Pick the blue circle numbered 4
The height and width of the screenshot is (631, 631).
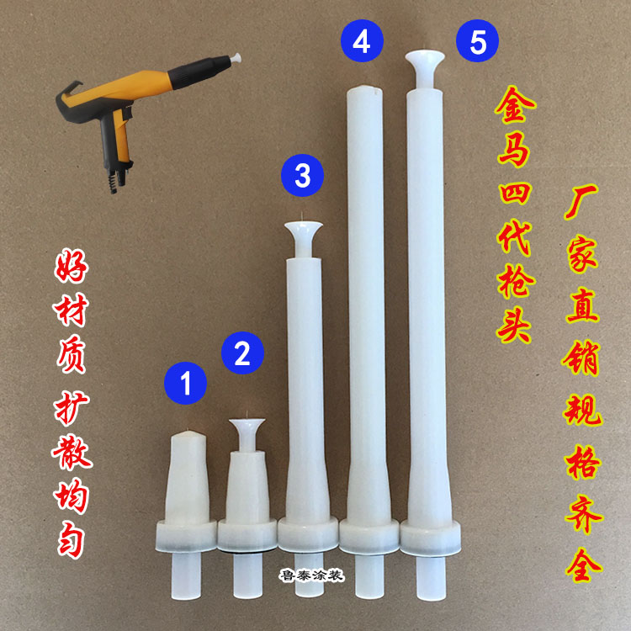click(x=361, y=42)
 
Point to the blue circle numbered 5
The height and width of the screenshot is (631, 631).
click(x=478, y=42)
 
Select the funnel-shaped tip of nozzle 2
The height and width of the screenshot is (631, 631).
click(x=247, y=429)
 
